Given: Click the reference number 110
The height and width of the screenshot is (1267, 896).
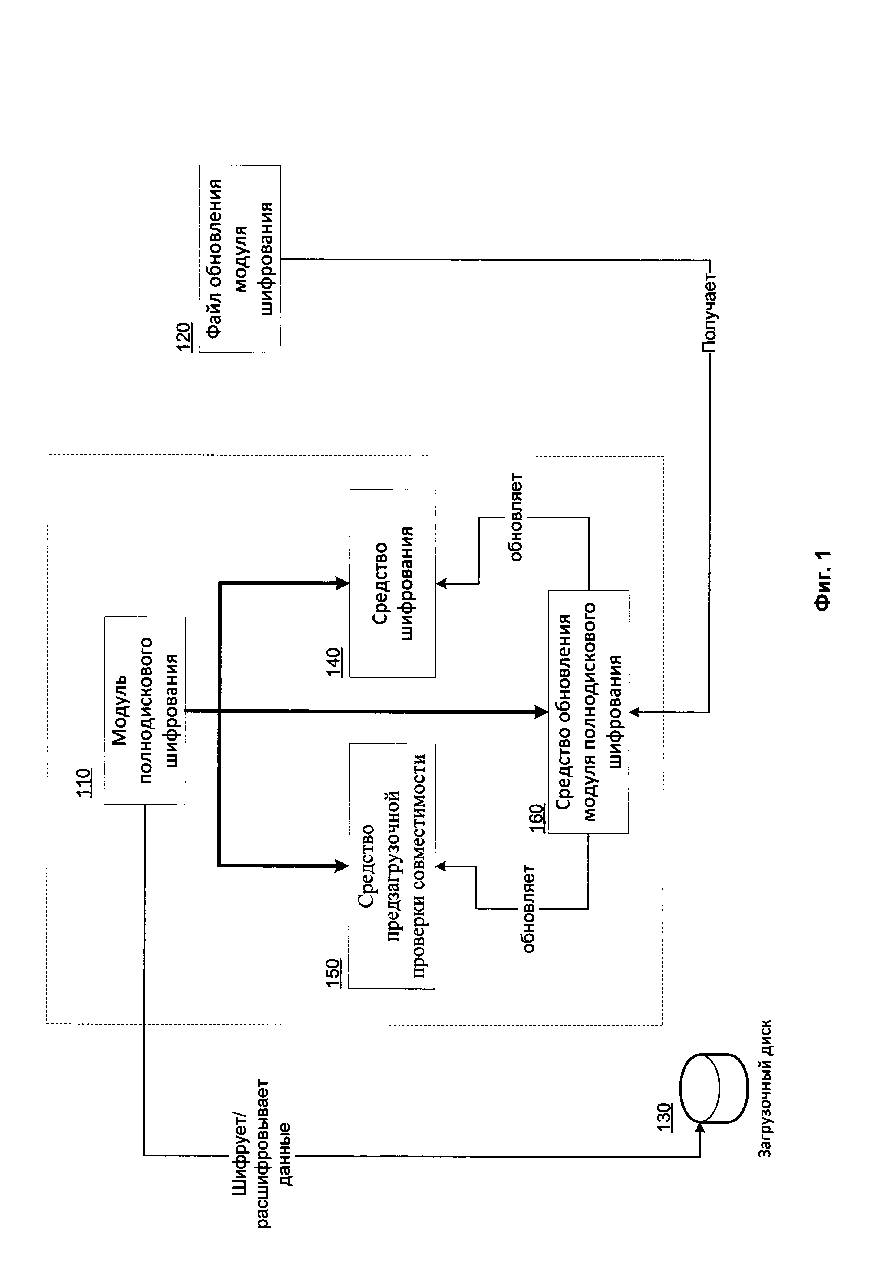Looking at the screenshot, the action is click(x=86, y=782).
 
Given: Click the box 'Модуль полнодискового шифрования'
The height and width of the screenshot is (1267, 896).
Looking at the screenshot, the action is click(x=145, y=711).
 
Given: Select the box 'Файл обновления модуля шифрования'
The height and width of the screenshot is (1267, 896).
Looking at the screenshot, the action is click(x=240, y=259).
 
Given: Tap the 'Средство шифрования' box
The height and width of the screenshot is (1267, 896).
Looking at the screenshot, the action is click(x=393, y=584).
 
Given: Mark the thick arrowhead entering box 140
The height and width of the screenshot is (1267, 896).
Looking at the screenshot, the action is click(x=343, y=583).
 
